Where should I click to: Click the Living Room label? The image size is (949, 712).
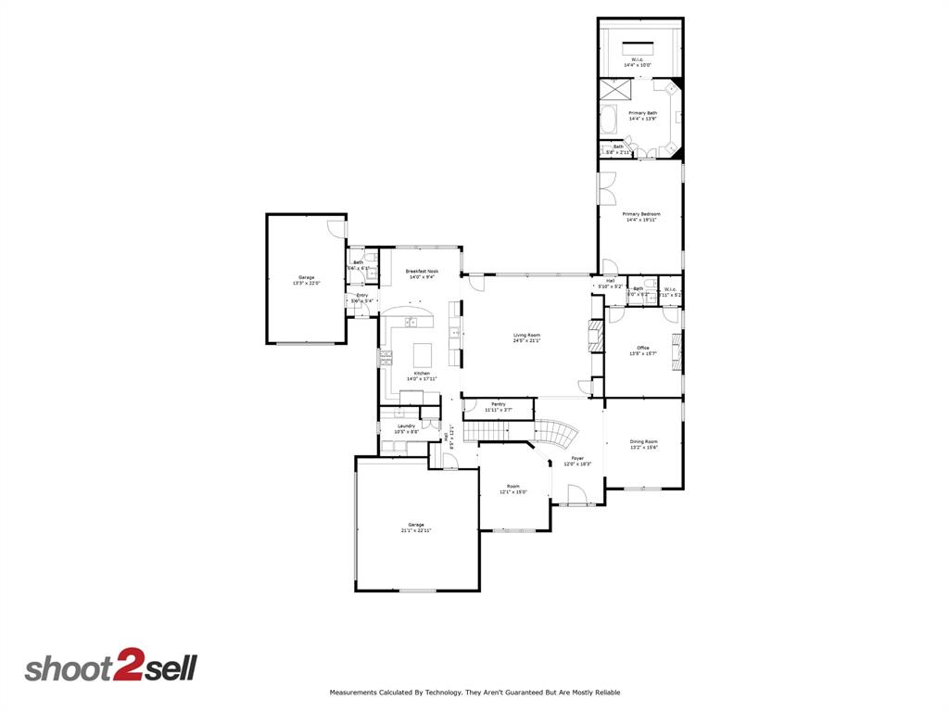tap(526, 335)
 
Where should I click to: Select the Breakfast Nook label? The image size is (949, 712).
tap(422, 271)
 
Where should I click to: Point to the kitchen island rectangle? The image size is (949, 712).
tap(423, 354)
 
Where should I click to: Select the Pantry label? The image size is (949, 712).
tap(499, 404)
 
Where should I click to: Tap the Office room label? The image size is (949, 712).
tap(643, 348)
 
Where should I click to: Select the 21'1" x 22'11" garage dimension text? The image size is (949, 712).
tap(417, 530)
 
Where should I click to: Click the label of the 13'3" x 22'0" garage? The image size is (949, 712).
tap(306, 277)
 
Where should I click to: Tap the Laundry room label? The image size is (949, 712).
tap(406, 426)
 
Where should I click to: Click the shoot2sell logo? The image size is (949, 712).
tap(110, 667)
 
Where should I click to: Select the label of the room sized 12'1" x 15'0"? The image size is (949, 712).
tap(512, 486)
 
